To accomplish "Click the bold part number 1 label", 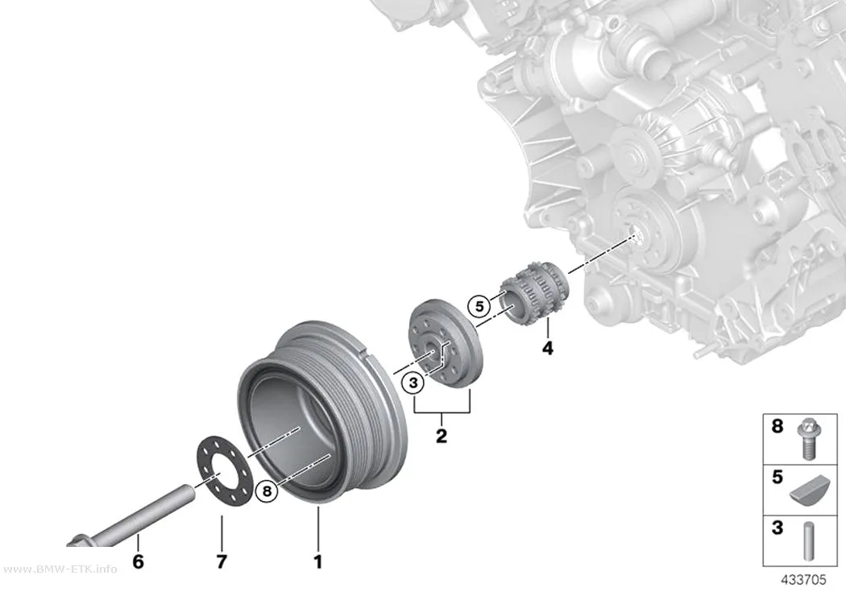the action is coord(317,562).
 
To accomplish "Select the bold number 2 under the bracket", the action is coord(442,436).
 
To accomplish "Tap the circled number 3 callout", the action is coord(413,383).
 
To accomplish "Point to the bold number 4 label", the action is coord(548,348).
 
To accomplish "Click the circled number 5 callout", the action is coord(479,307).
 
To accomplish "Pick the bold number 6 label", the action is coord(138,562).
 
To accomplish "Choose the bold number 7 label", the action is coord(222,562).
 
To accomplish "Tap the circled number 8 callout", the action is coord(267,491).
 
